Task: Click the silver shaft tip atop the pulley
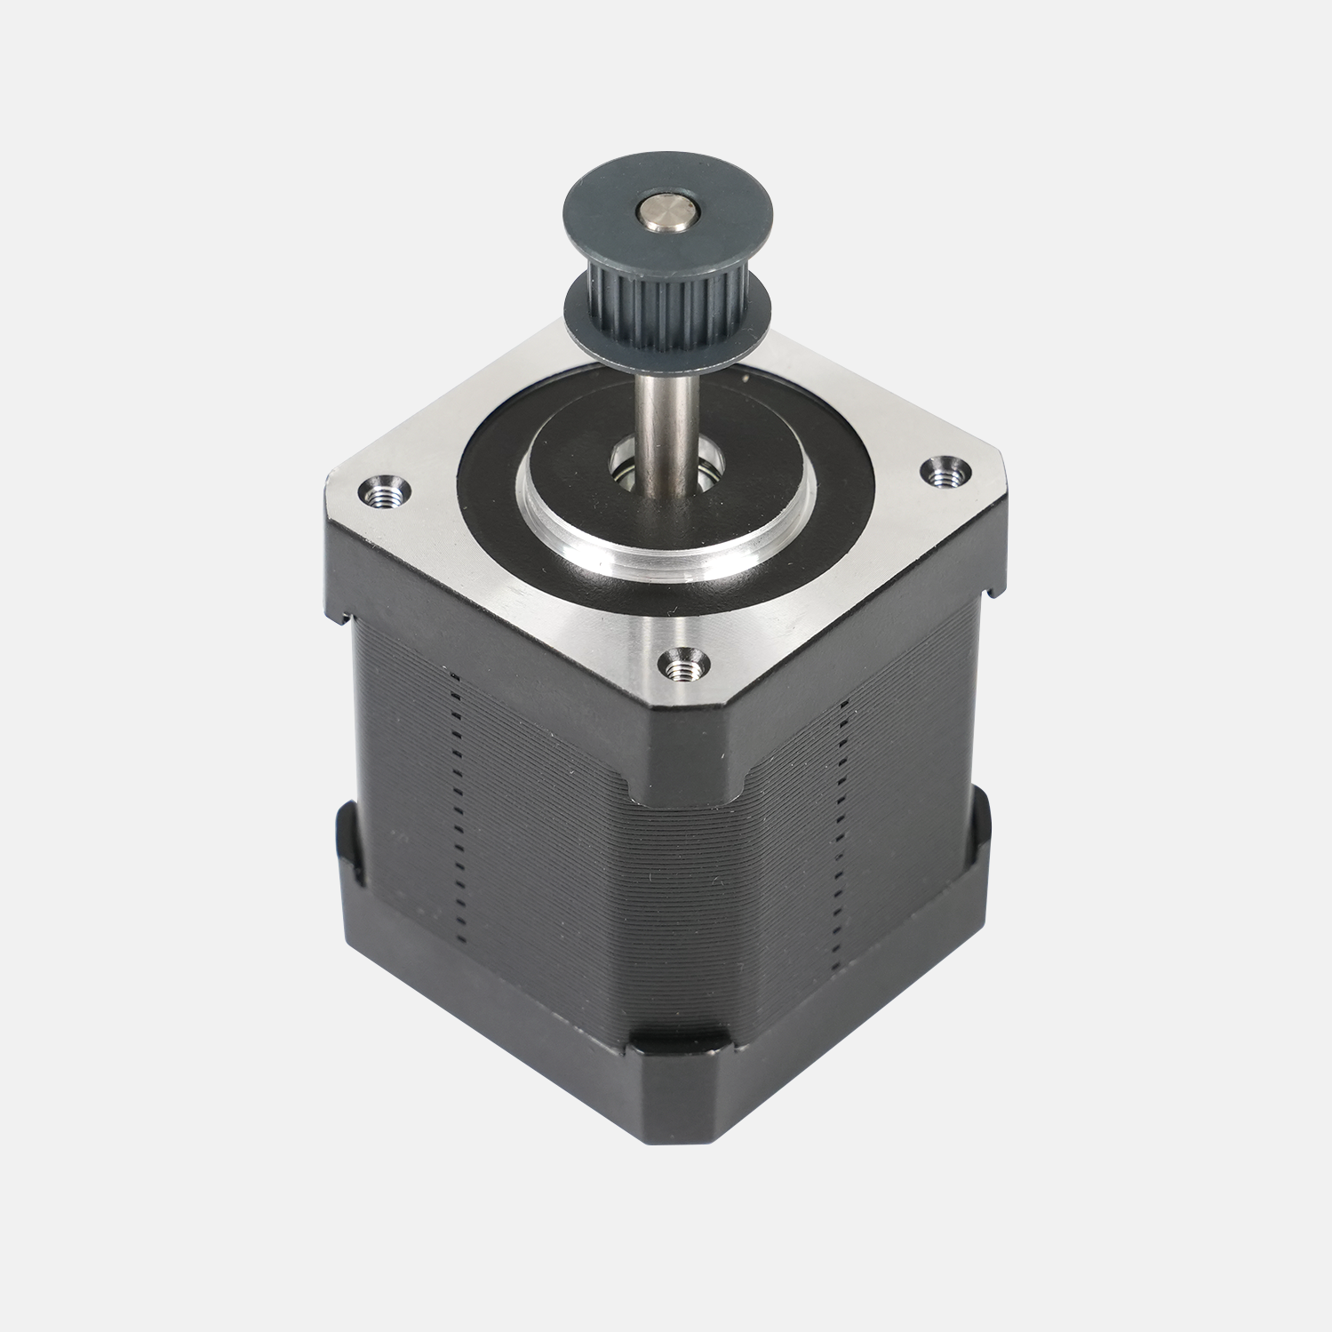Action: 666,212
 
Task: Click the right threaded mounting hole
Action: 944,474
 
